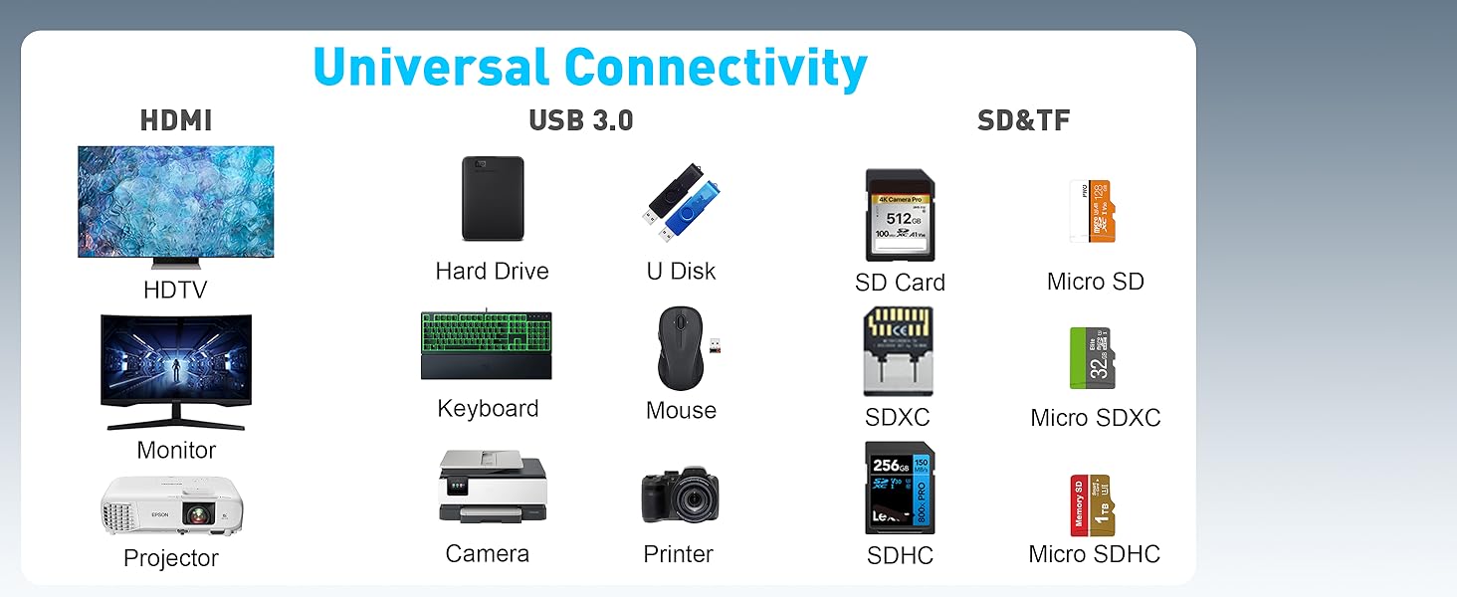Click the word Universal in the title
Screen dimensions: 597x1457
click(430, 69)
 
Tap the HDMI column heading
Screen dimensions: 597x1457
click(176, 121)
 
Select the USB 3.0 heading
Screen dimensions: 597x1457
click(581, 121)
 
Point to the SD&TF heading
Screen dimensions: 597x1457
click(1024, 121)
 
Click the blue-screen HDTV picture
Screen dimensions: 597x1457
click(176, 202)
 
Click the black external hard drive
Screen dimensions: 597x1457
click(493, 199)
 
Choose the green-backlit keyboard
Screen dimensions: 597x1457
click(487, 344)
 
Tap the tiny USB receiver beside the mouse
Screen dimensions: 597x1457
click(715, 345)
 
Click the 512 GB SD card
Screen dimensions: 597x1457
click(900, 215)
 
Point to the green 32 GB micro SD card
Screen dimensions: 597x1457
click(1093, 357)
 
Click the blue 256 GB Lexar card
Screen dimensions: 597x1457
click(900, 488)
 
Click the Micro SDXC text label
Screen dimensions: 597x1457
click(1096, 418)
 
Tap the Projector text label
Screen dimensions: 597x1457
click(171, 558)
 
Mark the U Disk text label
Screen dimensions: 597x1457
click(681, 271)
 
